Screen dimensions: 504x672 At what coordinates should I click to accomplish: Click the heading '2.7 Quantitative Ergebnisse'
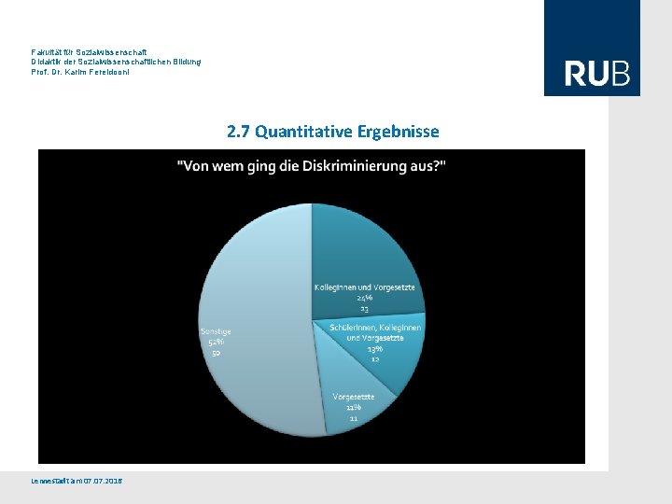pyautogui.click(x=332, y=132)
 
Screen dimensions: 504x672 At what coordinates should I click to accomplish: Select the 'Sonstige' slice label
pyautogui.click(x=216, y=331)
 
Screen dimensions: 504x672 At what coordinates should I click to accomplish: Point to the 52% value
pyautogui.click(x=216, y=342)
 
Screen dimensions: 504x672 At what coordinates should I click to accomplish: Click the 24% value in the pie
pyautogui.click(x=364, y=298)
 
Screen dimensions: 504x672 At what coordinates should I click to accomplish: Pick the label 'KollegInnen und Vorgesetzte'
pyautogui.click(x=364, y=287)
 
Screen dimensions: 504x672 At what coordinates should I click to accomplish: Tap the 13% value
pyautogui.click(x=375, y=348)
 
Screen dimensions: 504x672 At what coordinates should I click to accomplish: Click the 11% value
pyautogui.click(x=354, y=408)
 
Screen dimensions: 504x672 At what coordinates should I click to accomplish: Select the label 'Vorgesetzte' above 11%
pyautogui.click(x=354, y=397)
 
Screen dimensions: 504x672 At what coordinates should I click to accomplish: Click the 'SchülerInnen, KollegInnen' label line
pyautogui.click(x=375, y=328)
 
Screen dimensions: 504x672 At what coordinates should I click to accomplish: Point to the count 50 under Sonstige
pyautogui.click(x=216, y=353)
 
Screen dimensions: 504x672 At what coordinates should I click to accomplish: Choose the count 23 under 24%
pyautogui.click(x=364, y=308)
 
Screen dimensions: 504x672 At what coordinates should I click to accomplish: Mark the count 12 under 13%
pyautogui.click(x=375, y=358)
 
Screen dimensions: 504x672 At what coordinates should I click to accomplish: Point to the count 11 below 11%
pyautogui.click(x=354, y=418)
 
